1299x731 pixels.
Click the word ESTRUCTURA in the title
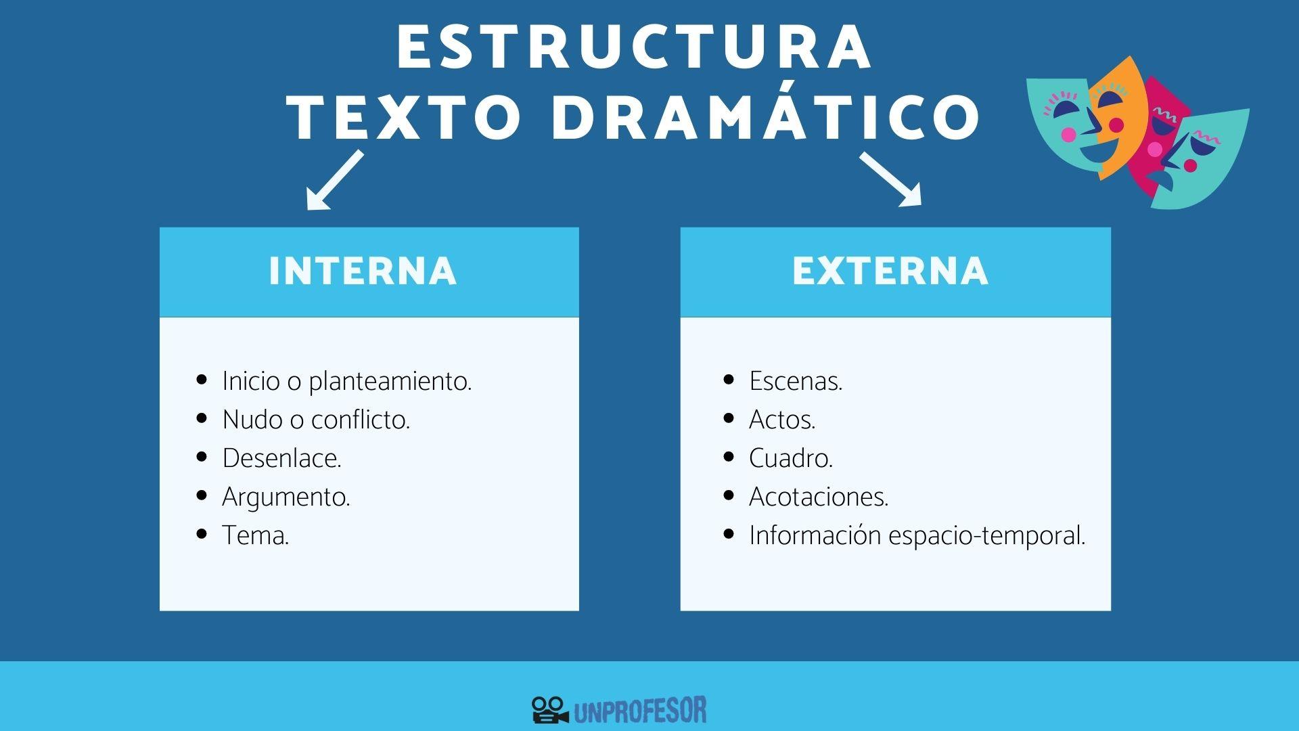point(634,47)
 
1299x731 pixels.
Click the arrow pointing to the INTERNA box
point(333,181)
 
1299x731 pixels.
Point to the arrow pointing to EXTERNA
point(891,179)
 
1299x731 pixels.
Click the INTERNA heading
point(363,271)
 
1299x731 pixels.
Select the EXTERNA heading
point(890,271)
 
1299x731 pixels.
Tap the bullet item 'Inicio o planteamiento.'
point(346,381)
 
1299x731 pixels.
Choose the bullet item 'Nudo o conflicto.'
point(316,420)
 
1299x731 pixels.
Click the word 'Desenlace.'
point(281,458)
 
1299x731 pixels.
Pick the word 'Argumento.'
point(286,497)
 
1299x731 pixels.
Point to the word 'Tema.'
point(255,535)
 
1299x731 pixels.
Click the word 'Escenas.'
point(796,381)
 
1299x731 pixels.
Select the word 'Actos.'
point(782,420)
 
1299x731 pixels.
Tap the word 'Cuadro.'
point(791,458)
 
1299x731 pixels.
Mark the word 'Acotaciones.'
point(819,497)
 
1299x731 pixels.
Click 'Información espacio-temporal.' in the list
point(917,535)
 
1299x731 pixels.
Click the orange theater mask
point(1120,115)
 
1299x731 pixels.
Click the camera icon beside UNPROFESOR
point(549,710)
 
